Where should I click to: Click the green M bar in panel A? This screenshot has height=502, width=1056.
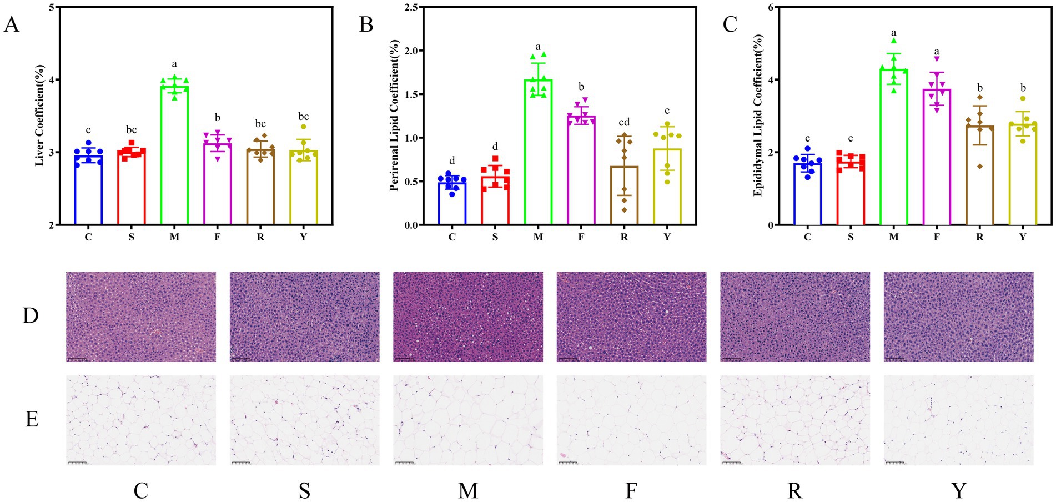coord(174,155)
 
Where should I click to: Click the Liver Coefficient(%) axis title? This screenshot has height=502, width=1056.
coord(39,116)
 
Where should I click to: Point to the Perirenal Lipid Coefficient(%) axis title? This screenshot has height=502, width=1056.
coord(394,116)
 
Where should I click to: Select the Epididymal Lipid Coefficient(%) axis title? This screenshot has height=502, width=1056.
coord(758,116)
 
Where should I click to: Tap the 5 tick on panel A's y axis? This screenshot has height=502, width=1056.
coord(52,8)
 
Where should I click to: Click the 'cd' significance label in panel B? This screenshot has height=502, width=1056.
coord(624,122)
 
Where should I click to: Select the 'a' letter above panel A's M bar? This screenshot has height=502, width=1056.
coord(174,64)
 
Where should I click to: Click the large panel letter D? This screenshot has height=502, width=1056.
coord(31,315)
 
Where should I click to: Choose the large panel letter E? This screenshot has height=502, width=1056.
coord(32,419)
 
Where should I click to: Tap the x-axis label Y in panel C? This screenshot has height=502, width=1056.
coord(1023,237)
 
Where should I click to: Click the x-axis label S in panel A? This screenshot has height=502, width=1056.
coord(131,237)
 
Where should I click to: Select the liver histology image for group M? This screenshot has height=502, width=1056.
coord(468,317)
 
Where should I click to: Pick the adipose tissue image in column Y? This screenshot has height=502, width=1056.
coord(958,420)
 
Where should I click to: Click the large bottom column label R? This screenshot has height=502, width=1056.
coord(794,491)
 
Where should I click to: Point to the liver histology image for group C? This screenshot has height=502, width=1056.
coord(141,317)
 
